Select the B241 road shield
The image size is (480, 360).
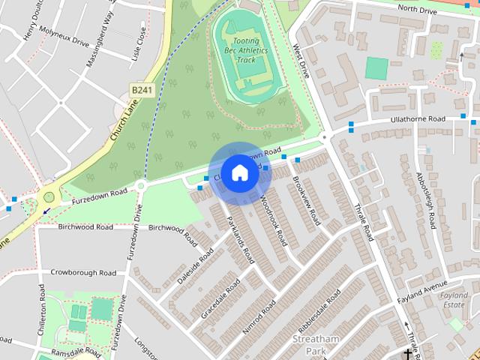[140, 88]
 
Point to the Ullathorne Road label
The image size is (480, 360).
[418, 120]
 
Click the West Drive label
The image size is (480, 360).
[301, 61]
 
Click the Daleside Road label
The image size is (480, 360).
[189, 262]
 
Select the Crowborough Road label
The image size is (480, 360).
[83, 272]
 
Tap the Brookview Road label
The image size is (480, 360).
[307, 200]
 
